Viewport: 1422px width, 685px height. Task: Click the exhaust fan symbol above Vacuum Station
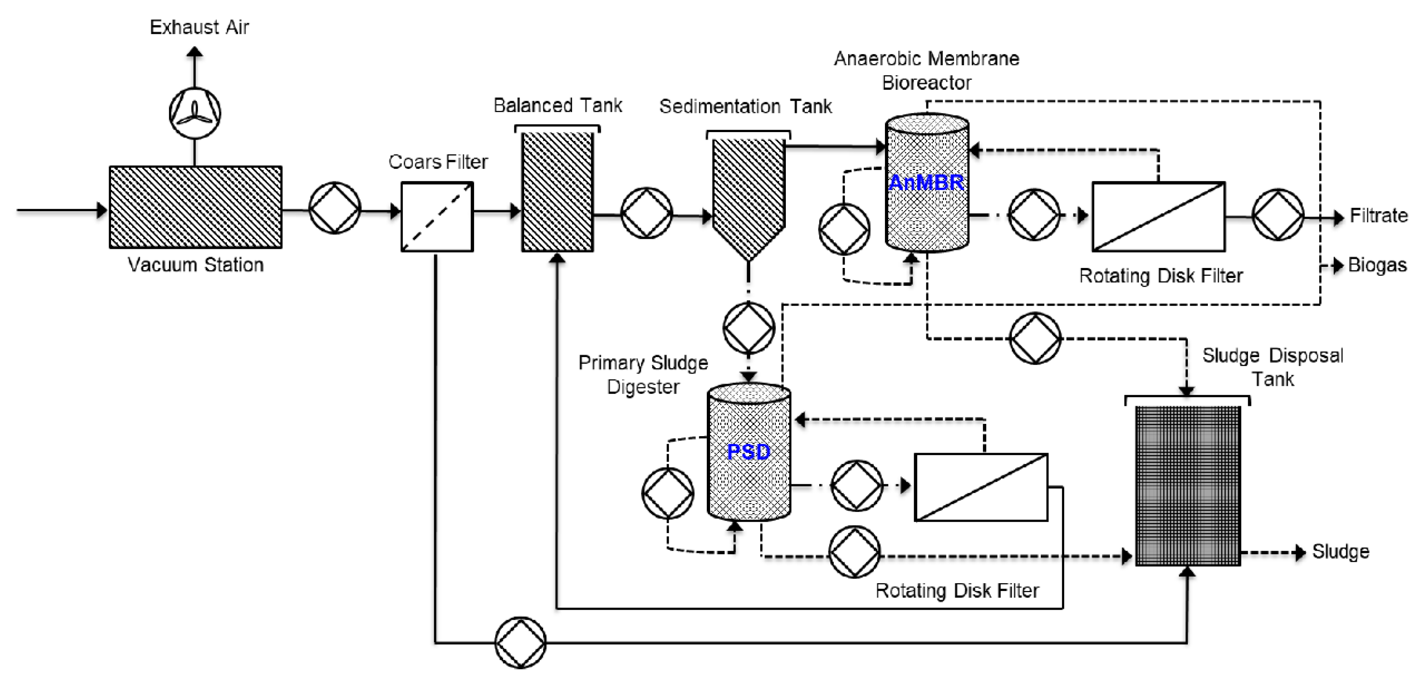tap(195, 113)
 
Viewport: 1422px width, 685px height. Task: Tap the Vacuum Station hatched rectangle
tap(195, 207)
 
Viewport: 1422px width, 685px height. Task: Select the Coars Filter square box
tap(437, 217)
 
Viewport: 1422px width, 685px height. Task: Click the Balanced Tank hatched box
tap(557, 192)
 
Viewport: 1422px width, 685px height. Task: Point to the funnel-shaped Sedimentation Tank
tap(748, 193)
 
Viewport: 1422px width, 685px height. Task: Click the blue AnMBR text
tap(926, 182)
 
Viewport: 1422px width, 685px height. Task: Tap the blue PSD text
tap(749, 452)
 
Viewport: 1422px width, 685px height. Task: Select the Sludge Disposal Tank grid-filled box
tap(1187, 486)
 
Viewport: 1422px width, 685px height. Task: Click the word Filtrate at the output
tap(1378, 215)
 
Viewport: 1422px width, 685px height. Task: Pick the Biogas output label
tap(1377, 265)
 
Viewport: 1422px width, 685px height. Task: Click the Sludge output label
tap(1340, 551)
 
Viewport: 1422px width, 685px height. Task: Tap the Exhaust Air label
tap(199, 27)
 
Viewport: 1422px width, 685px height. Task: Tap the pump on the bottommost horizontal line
tap(520, 642)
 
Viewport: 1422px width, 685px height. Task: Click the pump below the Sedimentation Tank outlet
tap(749, 328)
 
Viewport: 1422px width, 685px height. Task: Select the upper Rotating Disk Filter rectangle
tap(1158, 217)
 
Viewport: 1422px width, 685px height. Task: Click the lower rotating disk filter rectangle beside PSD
tap(981, 487)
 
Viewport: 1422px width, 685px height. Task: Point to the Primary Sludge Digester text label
tap(643, 375)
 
